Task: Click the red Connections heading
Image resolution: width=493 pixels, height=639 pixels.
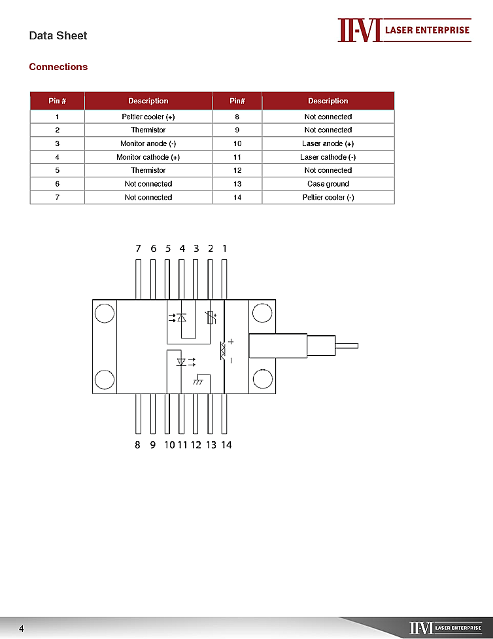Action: (58, 67)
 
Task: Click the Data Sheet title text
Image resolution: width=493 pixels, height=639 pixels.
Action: (58, 35)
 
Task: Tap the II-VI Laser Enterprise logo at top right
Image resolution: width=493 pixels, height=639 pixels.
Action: (404, 30)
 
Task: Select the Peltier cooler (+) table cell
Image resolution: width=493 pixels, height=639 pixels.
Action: (148, 117)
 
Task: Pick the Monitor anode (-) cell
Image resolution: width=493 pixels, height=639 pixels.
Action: (148, 143)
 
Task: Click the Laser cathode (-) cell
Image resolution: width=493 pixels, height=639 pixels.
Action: (328, 157)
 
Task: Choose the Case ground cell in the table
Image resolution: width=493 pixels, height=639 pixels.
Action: (328, 184)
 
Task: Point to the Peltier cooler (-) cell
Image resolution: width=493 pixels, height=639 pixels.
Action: (328, 197)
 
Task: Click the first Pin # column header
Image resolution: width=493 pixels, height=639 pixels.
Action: (58, 101)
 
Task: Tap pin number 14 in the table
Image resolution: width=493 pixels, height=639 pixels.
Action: (237, 197)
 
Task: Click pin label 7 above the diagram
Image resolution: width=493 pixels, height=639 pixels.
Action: (138, 249)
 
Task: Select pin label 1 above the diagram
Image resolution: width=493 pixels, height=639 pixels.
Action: (225, 249)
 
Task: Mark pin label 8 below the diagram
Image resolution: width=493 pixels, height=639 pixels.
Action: (137, 445)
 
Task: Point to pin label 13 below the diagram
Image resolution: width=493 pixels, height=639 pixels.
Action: (211, 445)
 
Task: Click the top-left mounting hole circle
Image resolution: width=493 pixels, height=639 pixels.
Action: (105, 313)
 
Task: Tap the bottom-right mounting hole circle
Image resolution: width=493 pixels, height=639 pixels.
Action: (262, 379)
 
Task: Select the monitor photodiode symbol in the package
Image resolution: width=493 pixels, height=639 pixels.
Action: (181, 318)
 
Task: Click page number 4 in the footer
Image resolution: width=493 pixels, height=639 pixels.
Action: (21, 629)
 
